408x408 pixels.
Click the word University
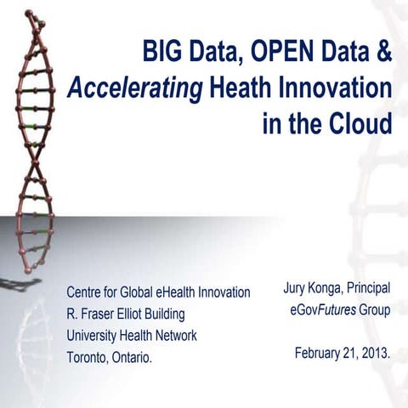pyautogui.click(x=95, y=335)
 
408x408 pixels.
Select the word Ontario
pyautogui.click(x=134, y=357)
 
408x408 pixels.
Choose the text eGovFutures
pyautogui.click(x=322, y=310)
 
